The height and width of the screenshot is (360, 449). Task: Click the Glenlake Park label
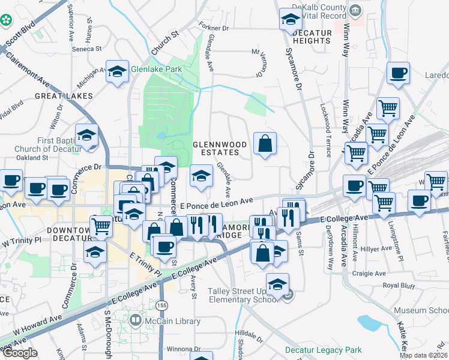157,69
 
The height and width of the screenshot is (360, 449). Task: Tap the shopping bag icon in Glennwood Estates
265,144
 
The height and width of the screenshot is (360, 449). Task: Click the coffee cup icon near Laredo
398,74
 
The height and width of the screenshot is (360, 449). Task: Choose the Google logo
19,353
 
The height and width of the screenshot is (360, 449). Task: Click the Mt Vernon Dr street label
261,63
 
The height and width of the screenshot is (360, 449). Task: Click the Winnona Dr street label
170,349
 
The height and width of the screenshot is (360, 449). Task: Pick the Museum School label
421,310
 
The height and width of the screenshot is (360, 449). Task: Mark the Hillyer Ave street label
379,247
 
